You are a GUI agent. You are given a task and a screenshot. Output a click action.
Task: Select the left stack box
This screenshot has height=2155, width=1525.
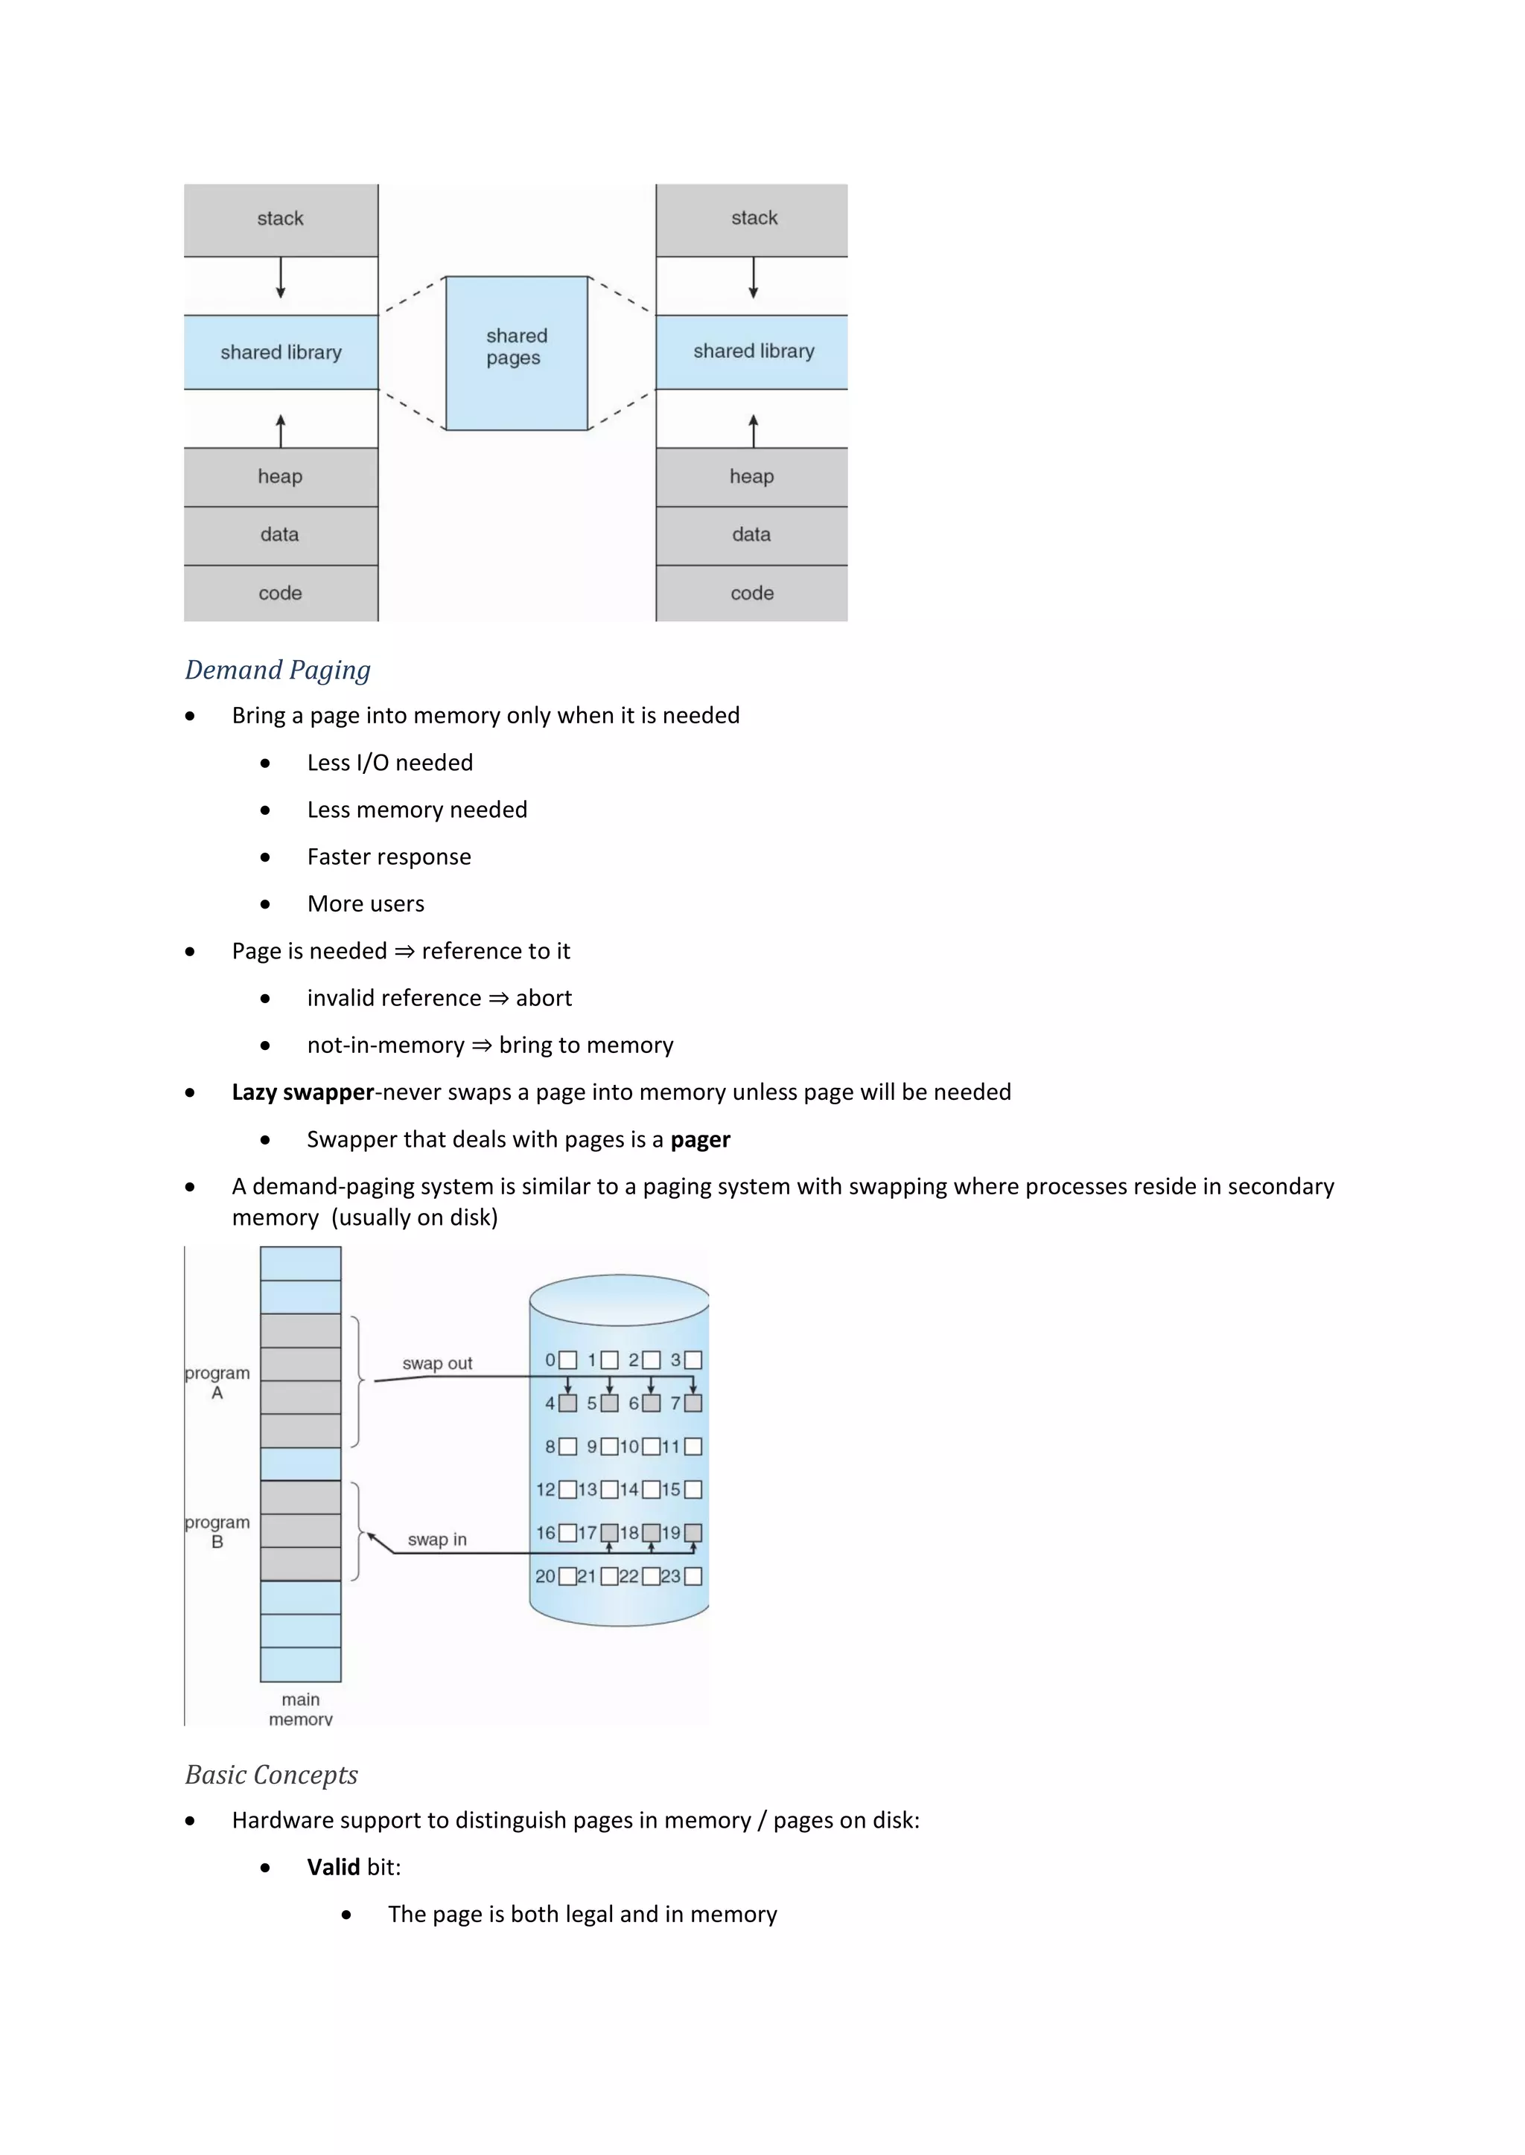[x=281, y=220]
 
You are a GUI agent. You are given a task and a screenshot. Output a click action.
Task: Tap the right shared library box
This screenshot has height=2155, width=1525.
[x=752, y=352]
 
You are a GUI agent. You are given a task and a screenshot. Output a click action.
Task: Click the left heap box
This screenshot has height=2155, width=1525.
[x=281, y=477]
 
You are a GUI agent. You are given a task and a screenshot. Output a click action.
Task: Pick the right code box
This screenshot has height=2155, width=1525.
[x=752, y=593]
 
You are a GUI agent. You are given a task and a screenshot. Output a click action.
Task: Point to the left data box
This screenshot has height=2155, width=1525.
[x=281, y=535]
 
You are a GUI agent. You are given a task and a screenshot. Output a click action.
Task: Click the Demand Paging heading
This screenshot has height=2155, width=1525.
[x=278, y=670]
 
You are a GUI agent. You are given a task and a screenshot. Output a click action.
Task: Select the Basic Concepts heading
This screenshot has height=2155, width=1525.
[x=271, y=1775]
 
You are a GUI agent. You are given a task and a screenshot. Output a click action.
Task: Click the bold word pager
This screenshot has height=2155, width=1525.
[x=700, y=1139]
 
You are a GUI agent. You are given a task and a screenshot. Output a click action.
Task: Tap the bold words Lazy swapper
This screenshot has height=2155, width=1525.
[x=302, y=1092]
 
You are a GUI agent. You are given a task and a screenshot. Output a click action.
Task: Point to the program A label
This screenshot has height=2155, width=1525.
[x=217, y=1383]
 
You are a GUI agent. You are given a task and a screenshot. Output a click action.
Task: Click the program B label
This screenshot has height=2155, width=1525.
[x=217, y=1531]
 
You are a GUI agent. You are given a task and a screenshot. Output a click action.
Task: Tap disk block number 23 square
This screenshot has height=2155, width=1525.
[x=693, y=1577]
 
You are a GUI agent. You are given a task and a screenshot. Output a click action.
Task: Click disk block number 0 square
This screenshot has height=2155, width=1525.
[x=567, y=1361]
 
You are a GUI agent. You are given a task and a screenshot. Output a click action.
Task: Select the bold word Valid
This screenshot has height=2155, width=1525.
[x=334, y=1868]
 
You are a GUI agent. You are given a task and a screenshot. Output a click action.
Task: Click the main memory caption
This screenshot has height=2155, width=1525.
[x=301, y=1709]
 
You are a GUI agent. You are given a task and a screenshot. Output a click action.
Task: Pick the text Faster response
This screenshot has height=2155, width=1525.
[x=389, y=857]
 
